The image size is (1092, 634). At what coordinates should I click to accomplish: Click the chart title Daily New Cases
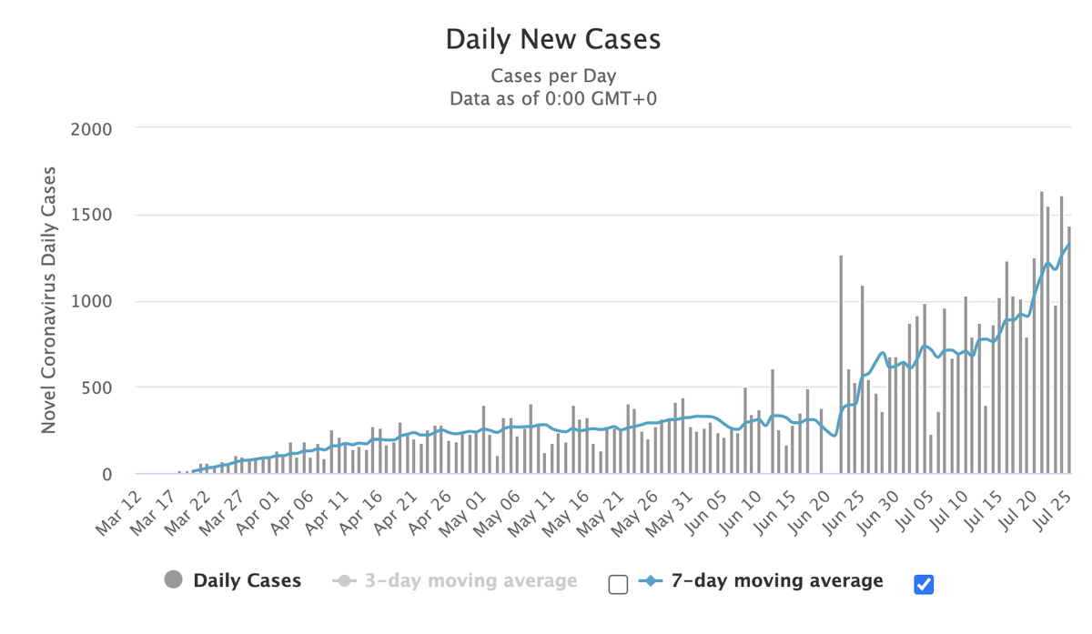coord(552,40)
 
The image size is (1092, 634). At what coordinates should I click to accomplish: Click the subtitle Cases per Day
coord(552,75)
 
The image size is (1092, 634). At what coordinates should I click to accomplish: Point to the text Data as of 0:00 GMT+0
coord(552,98)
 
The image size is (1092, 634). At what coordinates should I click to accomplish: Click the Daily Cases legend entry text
coord(247,580)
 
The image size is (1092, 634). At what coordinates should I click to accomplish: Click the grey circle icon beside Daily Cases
coord(174,580)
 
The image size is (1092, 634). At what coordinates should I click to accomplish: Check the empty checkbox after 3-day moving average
coord(618,584)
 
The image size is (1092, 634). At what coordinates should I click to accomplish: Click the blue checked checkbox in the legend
coord(924,584)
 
